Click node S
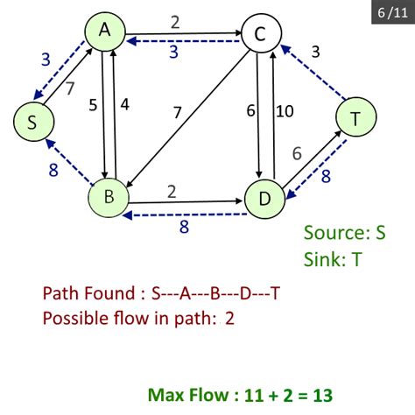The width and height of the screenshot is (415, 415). (32, 123)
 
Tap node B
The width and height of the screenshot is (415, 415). (109, 197)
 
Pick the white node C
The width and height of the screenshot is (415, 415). (259, 35)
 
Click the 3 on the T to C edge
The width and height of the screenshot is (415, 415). (316, 52)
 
